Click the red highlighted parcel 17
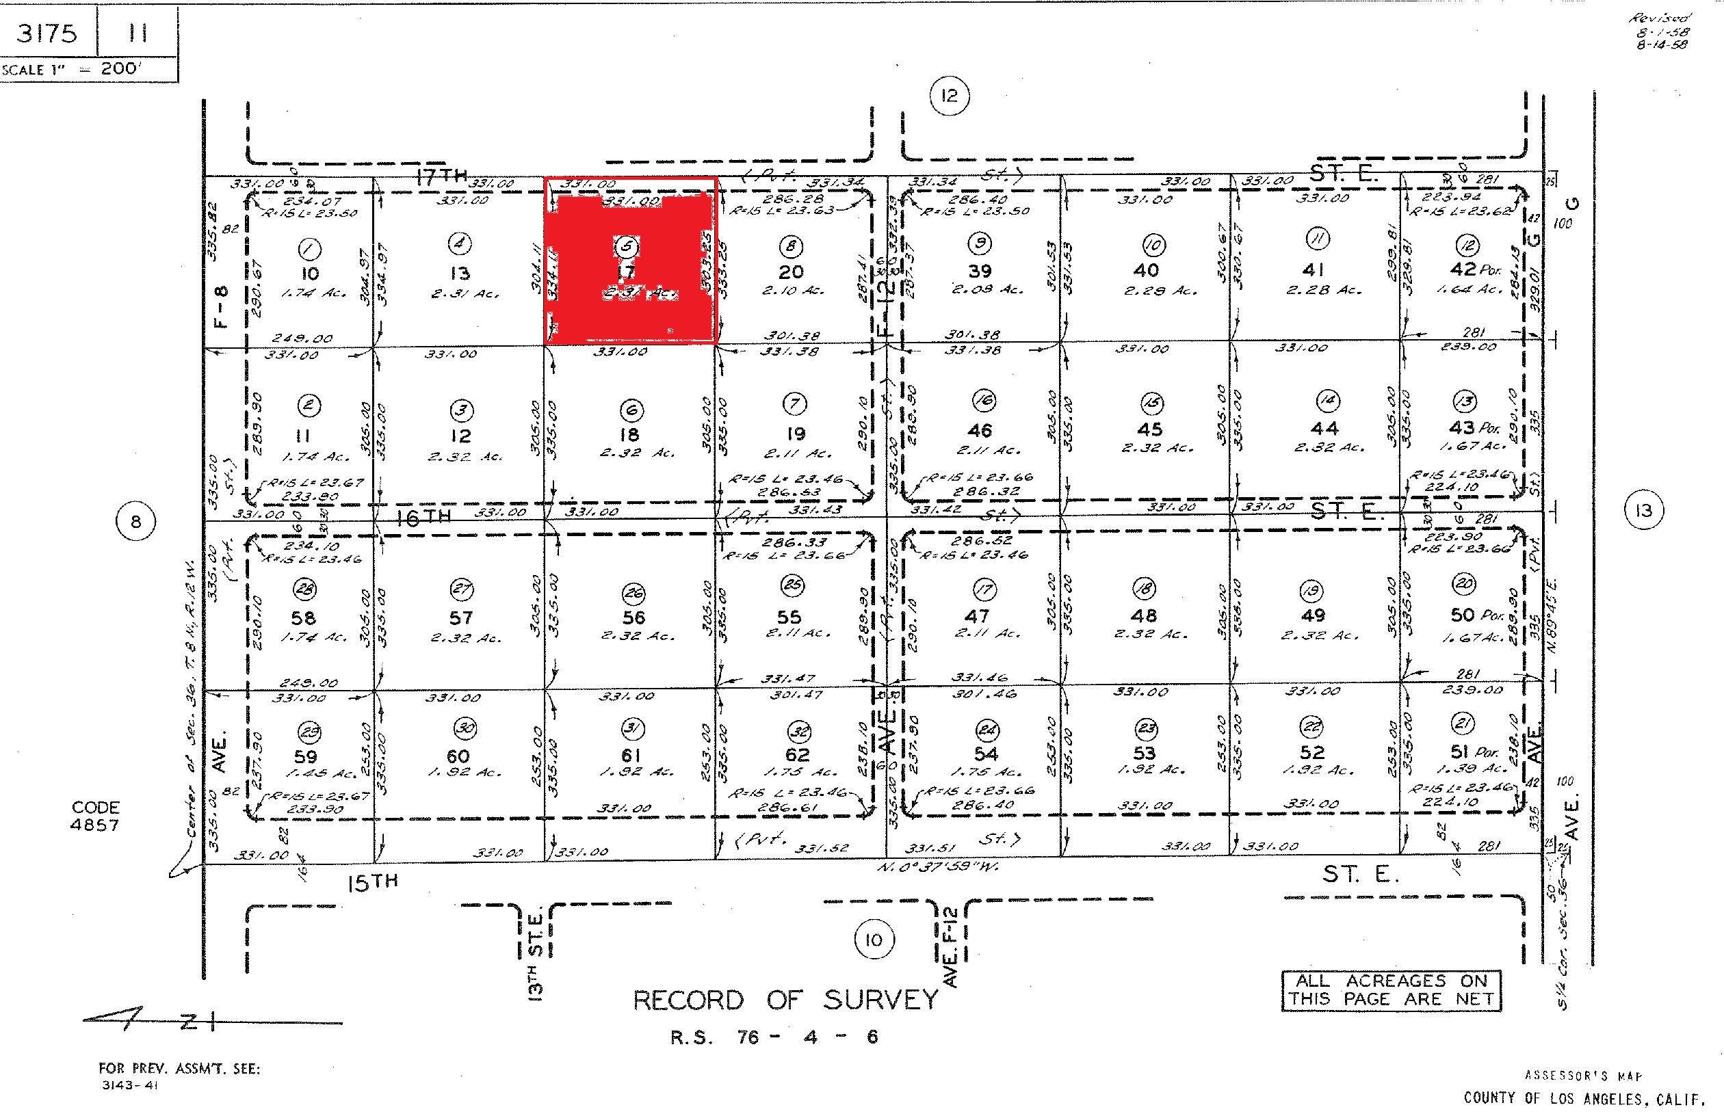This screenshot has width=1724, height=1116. tap(630, 261)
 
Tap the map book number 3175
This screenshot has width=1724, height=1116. tap(47, 34)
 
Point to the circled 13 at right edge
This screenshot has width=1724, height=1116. tap(1643, 511)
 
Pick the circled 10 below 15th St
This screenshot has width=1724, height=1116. tap(874, 941)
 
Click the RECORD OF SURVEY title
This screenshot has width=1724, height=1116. tap(785, 1000)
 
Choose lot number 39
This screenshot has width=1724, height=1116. tap(980, 271)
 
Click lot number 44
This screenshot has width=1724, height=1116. tap(1324, 429)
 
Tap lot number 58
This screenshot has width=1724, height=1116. tap(304, 617)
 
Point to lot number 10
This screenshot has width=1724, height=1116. tap(309, 273)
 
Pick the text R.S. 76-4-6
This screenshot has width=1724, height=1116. tap(774, 1037)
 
